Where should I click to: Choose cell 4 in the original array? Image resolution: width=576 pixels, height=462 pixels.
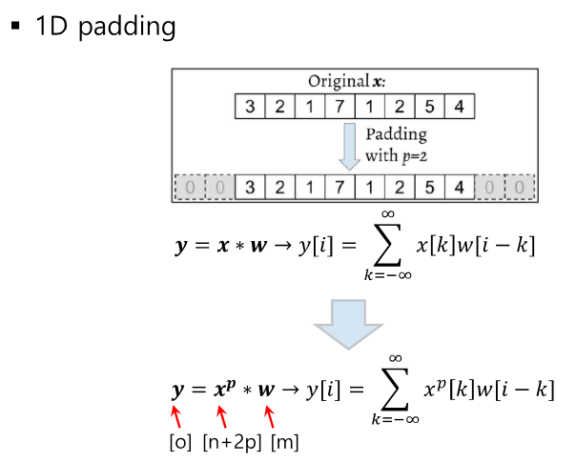coord(460,107)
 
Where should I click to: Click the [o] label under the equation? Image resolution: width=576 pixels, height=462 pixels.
coord(179,443)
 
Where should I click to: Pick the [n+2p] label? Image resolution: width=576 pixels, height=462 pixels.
coord(232,443)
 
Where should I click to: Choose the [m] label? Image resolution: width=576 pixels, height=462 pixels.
coord(284,443)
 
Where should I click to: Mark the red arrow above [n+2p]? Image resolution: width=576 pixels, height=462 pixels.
coord(223,416)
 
